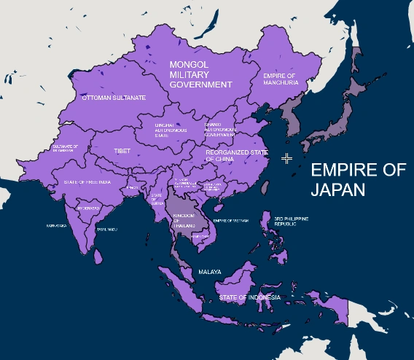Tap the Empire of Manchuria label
click(x=281, y=79)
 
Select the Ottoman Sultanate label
click(x=114, y=97)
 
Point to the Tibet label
click(x=122, y=152)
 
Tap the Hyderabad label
click(x=88, y=208)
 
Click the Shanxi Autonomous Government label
click(x=219, y=129)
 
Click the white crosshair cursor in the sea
click(x=287, y=158)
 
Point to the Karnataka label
click(x=56, y=226)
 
